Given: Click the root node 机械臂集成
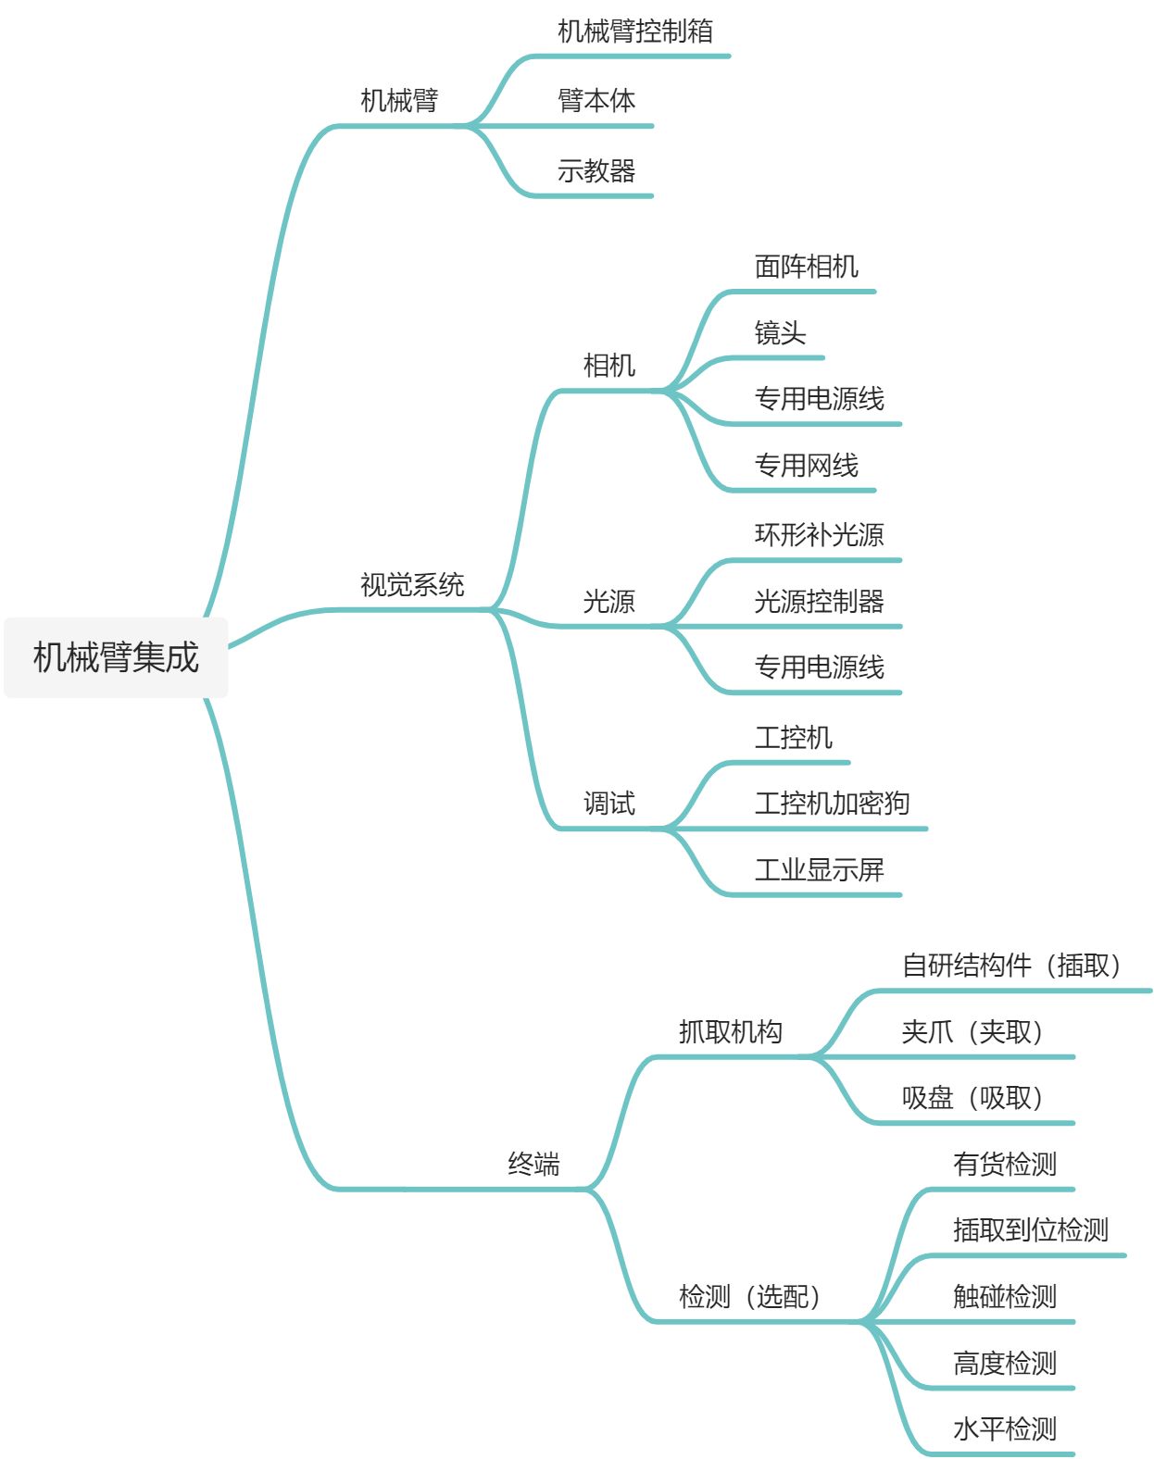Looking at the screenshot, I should tap(116, 657).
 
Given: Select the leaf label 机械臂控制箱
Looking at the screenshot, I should tap(635, 31).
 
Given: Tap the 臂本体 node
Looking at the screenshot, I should tap(596, 101).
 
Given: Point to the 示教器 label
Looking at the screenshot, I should tap(596, 171).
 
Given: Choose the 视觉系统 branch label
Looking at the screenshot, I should tap(412, 585).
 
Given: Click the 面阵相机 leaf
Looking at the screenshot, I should tap(806, 267).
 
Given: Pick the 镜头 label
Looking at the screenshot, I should tap(780, 333).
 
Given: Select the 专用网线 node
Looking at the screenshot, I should tap(806, 466).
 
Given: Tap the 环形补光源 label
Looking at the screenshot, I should tap(819, 535).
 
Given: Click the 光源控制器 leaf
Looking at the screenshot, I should tap(819, 602).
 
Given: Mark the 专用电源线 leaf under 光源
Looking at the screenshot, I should tap(819, 667).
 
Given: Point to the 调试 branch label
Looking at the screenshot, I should tap(608, 804).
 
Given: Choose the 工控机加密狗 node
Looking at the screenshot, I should tap(832, 804).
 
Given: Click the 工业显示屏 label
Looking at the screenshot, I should tap(819, 870).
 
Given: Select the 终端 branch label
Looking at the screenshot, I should tap(533, 1164).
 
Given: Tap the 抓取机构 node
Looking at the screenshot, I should tap(730, 1031).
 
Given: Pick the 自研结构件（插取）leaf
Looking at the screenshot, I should tap(1012, 966).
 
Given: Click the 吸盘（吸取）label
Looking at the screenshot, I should tap(973, 1098).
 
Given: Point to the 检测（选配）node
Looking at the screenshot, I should tap(750, 1297).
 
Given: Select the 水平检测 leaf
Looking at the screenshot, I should tap(1004, 1429).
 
